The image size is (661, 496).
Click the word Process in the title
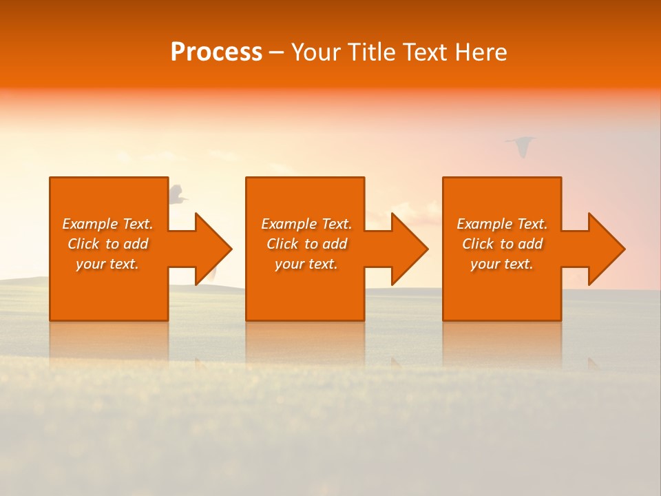pos(216,52)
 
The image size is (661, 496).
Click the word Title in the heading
pos(371,52)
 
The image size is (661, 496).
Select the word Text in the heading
pos(426,52)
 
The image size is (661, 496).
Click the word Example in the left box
pos(90,224)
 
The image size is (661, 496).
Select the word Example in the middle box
pos(288,224)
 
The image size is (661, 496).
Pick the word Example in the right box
pos(484,224)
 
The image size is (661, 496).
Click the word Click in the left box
pos(84,244)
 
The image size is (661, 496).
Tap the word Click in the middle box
pos(283,244)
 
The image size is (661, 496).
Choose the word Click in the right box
pos(479,244)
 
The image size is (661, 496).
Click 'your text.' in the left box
pos(107,264)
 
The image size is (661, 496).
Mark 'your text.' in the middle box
pos(306,264)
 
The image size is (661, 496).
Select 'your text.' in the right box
pos(502,264)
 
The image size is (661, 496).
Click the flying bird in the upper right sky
pos(521,145)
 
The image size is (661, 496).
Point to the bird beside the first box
pos(178,194)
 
